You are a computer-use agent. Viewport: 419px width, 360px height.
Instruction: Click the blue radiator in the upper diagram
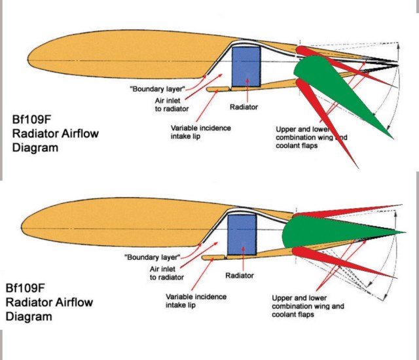[x=246, y=65]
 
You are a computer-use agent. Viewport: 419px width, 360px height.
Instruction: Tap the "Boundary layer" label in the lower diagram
[x=151, y=259]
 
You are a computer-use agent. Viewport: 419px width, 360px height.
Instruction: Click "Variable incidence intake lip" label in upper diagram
[x=200, y=132]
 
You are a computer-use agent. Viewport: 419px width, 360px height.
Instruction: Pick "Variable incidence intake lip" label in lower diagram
[x=196, y=300]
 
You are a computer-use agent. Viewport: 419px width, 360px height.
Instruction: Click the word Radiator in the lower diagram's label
[x=240, y=276]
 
